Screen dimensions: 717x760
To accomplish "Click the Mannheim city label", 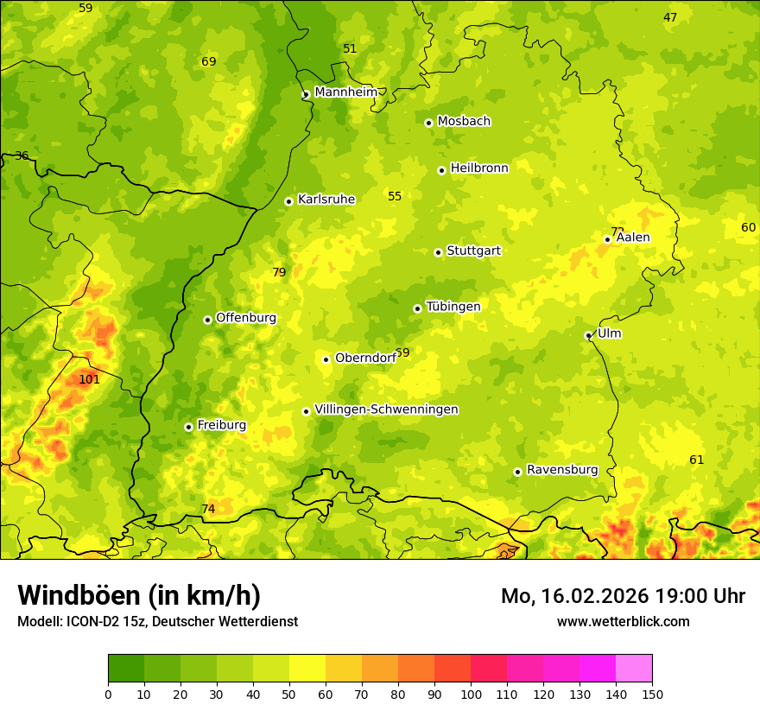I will tap(346, 92).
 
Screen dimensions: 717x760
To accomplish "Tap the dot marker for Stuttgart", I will tap(438, 252).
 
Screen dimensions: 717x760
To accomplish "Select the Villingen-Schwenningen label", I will tap(386, 409).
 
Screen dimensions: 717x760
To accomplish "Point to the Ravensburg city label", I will tap(562, 470).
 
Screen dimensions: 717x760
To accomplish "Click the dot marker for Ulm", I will tap(588, 335).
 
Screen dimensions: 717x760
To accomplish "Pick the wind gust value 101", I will tap(89, 379).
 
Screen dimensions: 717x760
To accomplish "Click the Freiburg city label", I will tap(221, 425).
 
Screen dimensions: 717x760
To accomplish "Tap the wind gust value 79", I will tap(279, 272).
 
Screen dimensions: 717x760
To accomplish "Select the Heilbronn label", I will tap(479, 168).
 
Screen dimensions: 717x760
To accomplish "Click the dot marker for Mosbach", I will tap(428, 123).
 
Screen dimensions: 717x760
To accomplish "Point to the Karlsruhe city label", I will tap(326, 200).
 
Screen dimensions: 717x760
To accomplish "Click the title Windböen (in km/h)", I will tap(139, 595).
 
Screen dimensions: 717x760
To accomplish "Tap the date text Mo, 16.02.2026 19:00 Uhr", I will tap(623, 596).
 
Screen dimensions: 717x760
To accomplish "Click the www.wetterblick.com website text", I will tap(623, 621).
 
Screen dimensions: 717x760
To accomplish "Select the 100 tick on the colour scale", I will tap(471, 694).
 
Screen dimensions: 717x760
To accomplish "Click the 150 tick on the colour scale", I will tap(652, 694).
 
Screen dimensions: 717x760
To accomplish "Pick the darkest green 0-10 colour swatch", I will tap(126, 668).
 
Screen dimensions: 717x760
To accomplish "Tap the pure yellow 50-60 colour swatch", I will tap(307, 668).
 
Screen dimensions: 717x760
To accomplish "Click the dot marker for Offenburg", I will tap(207, 320).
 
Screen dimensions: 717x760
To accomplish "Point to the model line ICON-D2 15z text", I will tap(157, 621).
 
